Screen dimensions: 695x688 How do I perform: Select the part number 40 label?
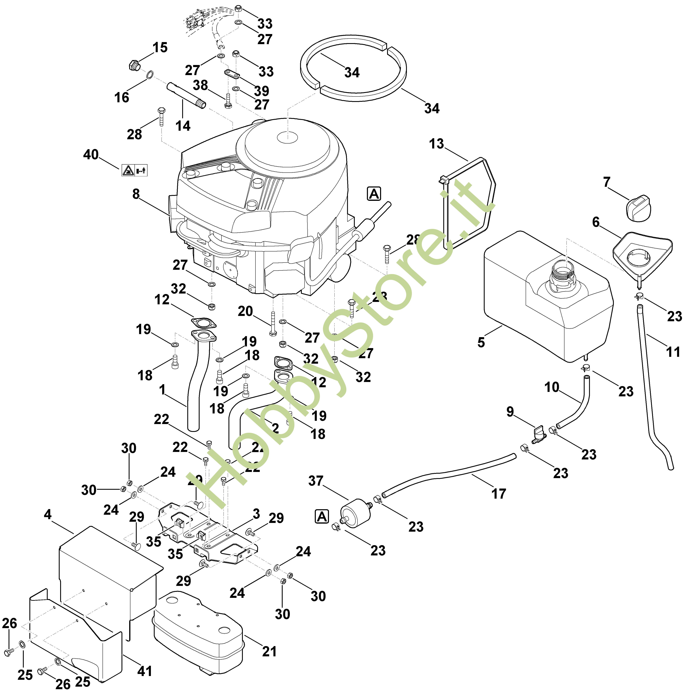(x=91, y=155)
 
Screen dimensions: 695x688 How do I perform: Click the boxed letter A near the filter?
(x=322, y=517)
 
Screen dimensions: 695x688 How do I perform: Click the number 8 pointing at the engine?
(x=136, y=194)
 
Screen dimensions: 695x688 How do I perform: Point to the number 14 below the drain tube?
(x=183, y=126)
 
